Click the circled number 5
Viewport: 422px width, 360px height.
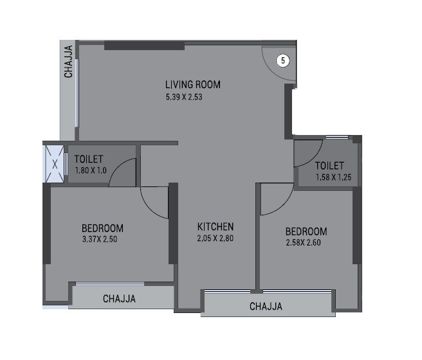[x=283, y=61]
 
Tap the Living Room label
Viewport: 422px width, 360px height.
[x=193, y=84]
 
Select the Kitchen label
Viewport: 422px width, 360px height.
[x=216, y=227]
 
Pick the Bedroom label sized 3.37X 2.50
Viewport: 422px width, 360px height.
[x=102, y=228]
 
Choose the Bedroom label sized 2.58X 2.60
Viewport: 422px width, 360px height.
[x=306, y=231]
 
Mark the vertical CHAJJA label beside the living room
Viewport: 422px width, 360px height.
[x=68, y=62]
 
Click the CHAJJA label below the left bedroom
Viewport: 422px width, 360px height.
[x=119, y=299]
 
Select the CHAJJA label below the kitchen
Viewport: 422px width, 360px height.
[x=266, y=307]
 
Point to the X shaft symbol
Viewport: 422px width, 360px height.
[x=55, y=164]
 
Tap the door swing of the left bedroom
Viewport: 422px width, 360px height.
[x=153, y=201]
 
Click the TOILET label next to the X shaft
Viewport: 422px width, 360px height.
[x=89, y=159]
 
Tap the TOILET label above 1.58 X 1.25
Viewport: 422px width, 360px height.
[x=329, y=165]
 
